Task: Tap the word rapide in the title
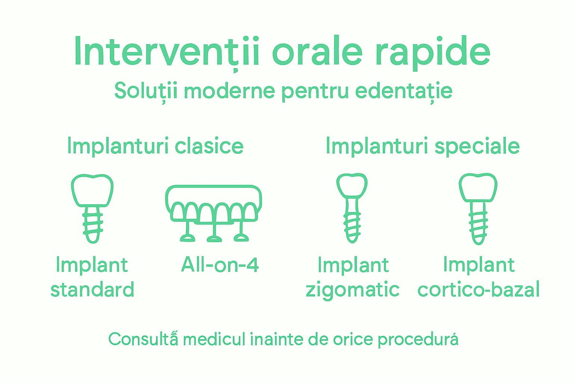click(432, 52)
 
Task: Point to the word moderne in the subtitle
click(229, 91)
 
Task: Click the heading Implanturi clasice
click(155, 146)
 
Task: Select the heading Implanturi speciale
click(422, 146)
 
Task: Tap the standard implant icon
click(92, 208)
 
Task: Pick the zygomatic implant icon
click(352, 208)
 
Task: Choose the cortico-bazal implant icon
click(478, 208)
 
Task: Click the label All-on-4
click(220, 265)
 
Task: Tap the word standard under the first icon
click(92, 290)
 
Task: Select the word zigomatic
click(352, 290)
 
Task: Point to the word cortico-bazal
click(478, 290)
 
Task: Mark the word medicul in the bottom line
click(215, 339)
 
